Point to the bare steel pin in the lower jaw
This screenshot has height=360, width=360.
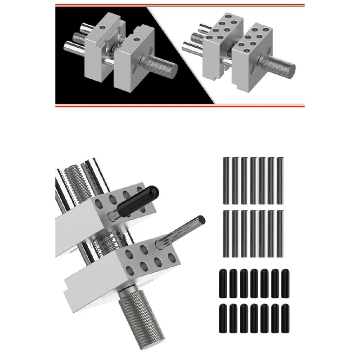182,230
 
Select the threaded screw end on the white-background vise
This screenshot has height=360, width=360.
196,36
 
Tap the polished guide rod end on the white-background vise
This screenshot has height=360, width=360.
189,45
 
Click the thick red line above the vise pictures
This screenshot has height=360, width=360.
180,5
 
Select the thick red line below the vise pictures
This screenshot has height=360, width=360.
180,106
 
